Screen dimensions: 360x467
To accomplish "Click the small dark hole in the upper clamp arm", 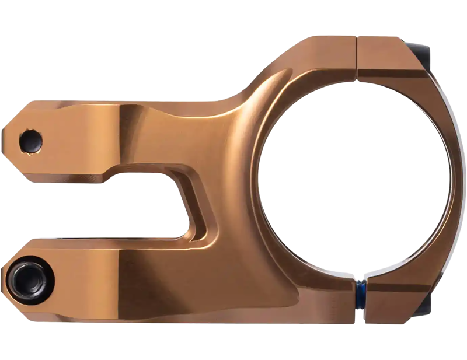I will [x=30, y=140].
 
